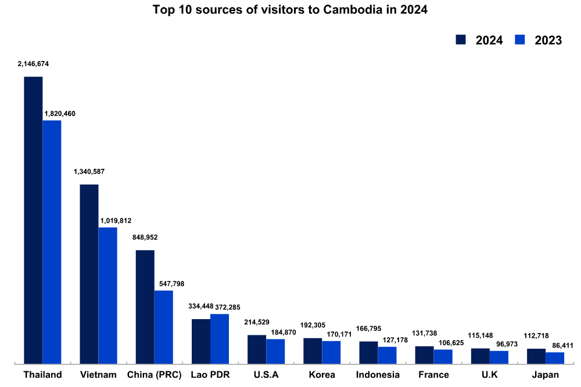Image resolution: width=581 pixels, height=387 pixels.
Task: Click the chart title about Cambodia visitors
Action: point(290,10)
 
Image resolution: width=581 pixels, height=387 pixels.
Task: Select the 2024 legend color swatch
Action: point(461,39)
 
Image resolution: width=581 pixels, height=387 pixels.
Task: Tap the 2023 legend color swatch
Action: point(521,39)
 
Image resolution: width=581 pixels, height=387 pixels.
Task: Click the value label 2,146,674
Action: point(33,64)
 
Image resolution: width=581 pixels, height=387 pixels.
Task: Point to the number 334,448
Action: point(201,306)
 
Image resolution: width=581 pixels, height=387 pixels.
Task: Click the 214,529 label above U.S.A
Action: point(257,322)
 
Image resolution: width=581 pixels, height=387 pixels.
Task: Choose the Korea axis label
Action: point(322,375)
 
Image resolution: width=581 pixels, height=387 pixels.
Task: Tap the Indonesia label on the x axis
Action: point(378,375)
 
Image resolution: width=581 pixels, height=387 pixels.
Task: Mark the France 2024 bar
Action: point(424,355)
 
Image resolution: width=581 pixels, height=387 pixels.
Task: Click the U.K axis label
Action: point(489,375)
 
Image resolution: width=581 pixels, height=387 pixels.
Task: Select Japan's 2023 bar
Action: point(555,357)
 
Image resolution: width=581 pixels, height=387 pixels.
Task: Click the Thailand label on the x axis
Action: point(42,375)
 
